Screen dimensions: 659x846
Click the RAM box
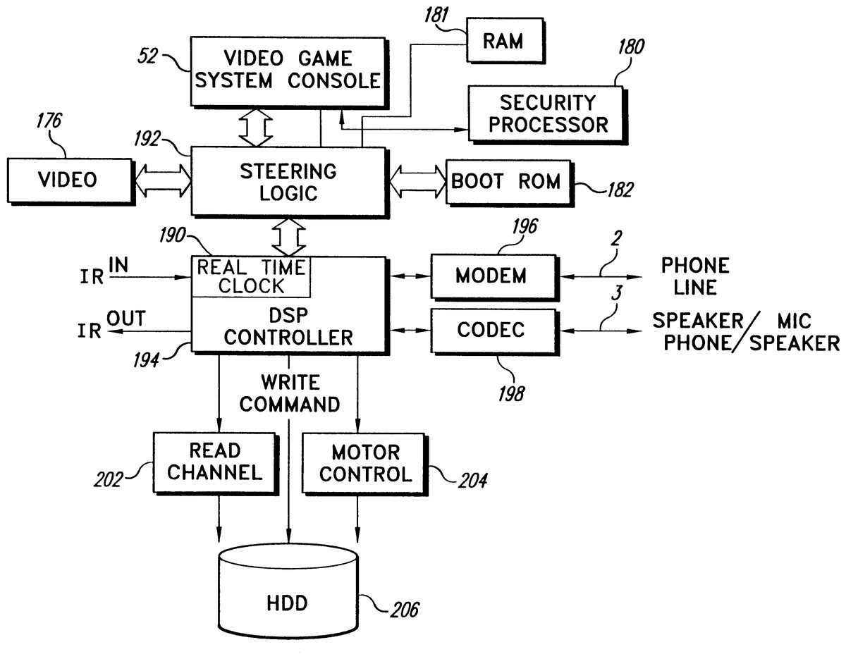click(503, 41)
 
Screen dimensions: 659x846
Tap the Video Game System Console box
click(288, 70)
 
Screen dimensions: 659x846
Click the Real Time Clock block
click(251, 277)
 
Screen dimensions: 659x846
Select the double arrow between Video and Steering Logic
click(161, 181)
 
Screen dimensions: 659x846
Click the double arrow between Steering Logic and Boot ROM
click(417, 181)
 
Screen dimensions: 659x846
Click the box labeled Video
click(68, 180)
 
